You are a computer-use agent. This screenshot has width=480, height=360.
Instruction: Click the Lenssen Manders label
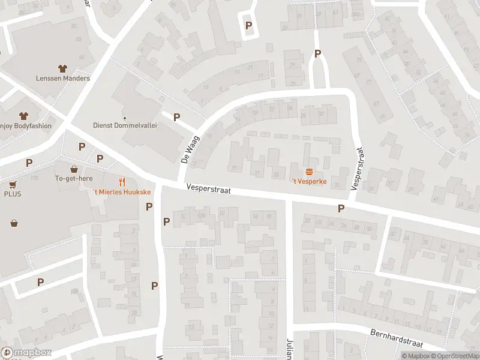coord(62,78)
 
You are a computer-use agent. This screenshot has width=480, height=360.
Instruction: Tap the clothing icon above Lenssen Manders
coord(62,68)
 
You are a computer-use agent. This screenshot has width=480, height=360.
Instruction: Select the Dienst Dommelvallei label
coord(124,126)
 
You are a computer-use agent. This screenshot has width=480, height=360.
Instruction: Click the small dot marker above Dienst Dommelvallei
coord(124,118)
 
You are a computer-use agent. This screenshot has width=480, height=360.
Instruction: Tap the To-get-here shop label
coord(74,178)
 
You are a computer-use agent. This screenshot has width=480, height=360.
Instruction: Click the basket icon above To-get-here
coord(74,169)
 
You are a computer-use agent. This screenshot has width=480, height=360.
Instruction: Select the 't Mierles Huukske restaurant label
coord(122,192)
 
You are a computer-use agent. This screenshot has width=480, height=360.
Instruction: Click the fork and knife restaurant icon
coord(122,181)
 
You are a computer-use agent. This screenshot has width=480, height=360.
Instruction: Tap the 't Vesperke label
coord(309,182)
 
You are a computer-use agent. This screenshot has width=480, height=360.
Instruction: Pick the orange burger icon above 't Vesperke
coord(309,172)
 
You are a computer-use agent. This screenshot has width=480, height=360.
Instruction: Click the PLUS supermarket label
coord(13,194)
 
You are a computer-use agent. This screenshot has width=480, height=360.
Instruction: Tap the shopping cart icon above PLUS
coord(13,184)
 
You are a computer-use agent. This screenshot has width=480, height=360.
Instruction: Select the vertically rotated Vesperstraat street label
coord(359,169)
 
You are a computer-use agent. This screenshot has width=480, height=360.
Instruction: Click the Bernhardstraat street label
coord(397,338)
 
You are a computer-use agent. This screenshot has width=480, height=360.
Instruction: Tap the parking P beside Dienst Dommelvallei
coord(176,118)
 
